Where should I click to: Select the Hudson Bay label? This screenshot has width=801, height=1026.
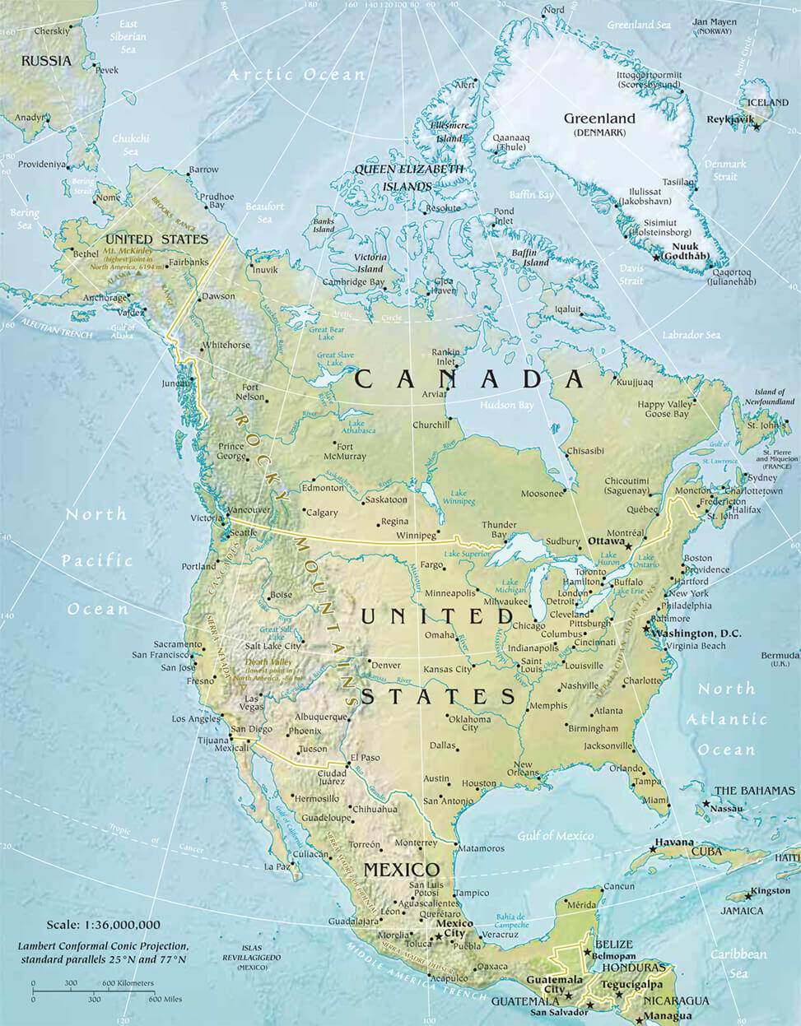click(x=506, y=405)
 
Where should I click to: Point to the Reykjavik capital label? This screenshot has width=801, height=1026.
click(x=730, y=119)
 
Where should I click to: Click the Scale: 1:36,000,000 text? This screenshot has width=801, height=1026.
click(x=104, y=925)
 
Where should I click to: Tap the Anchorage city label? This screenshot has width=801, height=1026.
click(x=105, y=298)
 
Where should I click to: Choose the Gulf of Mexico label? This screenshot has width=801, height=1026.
click(x=555, y=836)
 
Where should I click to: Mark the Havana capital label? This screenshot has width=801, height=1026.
click(x=673, y=843)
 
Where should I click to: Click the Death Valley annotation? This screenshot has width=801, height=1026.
click(x=269, y=666)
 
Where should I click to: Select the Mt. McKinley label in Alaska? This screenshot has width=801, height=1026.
click(x=128, y=250)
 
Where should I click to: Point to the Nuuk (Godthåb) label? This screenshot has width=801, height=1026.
click(x=690, y=251)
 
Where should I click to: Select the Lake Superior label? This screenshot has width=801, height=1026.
click(x=468, y=555)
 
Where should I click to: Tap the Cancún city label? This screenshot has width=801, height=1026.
click(x=618, y=886)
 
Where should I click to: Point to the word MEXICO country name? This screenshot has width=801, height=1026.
click(x=402, y=870)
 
